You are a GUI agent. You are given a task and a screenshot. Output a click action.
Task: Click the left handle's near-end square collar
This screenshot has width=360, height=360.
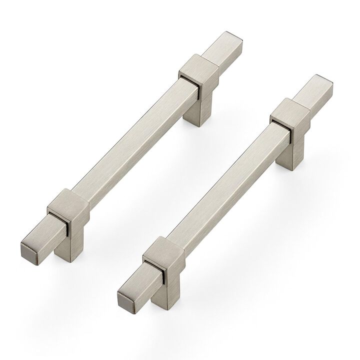pyautogui.click(x=70, y=210)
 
